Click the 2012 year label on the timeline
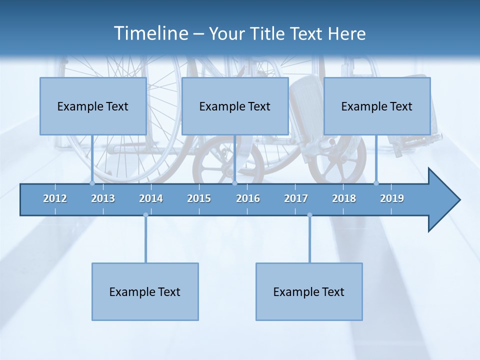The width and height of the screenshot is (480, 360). click(55, 198)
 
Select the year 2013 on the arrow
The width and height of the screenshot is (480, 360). click(103, 198)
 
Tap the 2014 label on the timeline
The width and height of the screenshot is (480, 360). click(151, 198)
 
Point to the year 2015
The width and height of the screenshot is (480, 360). click(199, 198)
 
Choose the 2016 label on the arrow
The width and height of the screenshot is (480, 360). click(248, 198)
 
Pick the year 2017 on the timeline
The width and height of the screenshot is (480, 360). click(296, 198)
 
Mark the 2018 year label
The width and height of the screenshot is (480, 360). click(344, 198)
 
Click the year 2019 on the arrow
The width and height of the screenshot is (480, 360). click(392, 198)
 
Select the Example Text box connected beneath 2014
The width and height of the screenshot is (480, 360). click(145, 291)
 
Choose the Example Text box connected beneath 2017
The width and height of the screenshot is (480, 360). click(309, 291)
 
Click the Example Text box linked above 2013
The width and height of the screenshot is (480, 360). click(93, 106)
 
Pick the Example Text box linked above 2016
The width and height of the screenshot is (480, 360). click(235, 106)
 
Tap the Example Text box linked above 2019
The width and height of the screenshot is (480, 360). click(377, 106)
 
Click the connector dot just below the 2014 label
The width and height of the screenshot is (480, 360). click(145, 215)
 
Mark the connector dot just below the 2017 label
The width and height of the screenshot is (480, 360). click(309, 215)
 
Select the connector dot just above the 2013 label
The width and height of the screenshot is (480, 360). click(92, 183)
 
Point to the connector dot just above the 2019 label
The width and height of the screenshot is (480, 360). click(376, 183)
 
